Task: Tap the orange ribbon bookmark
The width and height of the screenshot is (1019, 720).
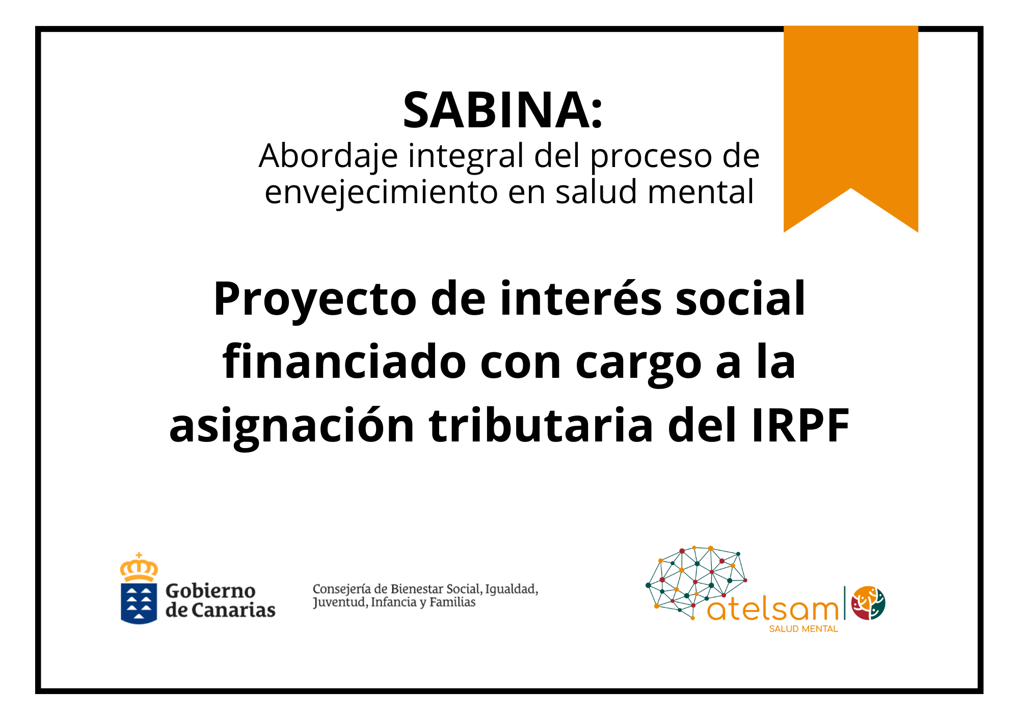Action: click(x=850, y=117)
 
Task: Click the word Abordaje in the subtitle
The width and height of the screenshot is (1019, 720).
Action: click(x=328, y=156)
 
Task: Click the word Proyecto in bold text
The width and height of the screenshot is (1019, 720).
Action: click(x=315, y=299)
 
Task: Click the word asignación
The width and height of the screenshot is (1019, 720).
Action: click(x=291, y=426)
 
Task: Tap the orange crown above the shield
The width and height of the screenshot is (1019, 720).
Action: click(x=139, y=567)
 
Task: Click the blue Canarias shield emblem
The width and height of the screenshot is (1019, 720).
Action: click(x=139, y=603)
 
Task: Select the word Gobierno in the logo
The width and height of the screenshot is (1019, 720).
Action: click(x=210, y=591)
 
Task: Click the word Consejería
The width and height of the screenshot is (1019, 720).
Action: click(x=342, y=590)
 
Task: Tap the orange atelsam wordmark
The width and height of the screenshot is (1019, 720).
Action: click(x=773, y=610)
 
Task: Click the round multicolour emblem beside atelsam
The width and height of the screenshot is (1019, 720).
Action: click(x=869, y=603)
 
